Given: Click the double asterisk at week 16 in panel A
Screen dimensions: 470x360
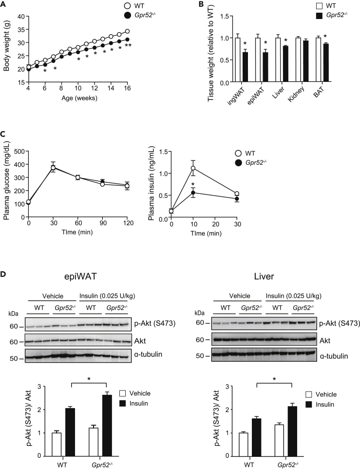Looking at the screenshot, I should click(x=128, y=46).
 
